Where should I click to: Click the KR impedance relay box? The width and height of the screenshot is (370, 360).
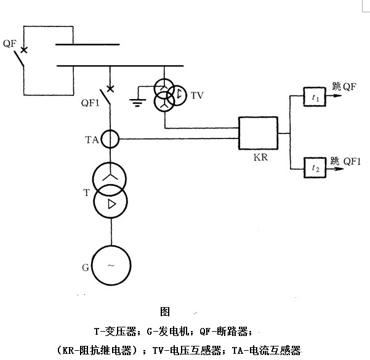pos(258,133)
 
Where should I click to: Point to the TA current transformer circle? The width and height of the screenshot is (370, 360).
pos(111,139)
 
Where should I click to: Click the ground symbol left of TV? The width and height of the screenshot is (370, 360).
pos(137,101)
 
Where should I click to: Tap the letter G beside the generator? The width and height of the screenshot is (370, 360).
pos(86,268)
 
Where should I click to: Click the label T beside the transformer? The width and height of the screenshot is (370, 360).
pos(87,192)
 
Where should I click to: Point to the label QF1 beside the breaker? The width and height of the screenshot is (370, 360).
pos(90,103)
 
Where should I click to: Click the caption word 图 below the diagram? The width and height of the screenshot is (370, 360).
pos(164,311)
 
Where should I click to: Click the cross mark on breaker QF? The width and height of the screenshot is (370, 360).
pos(23,49)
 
